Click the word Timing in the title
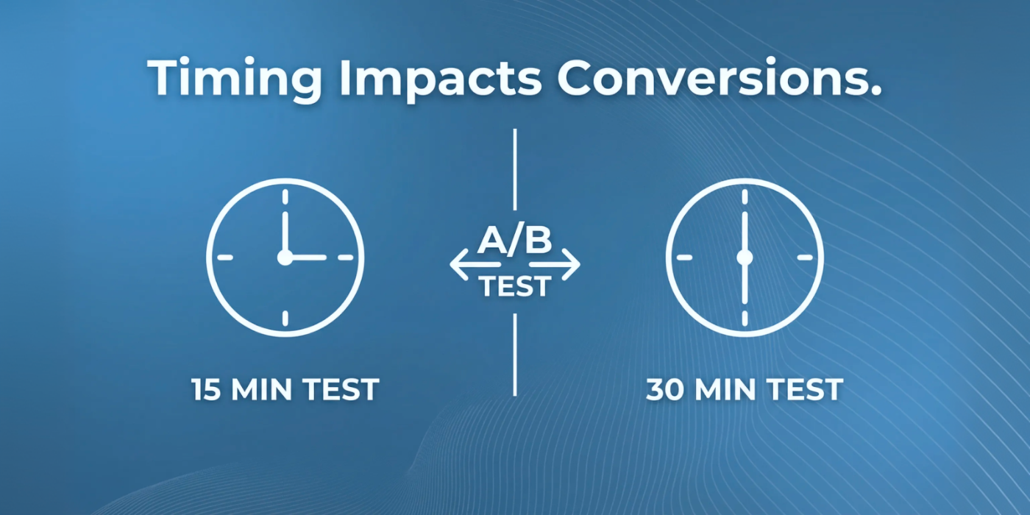pyautogui.click(x=235, y=77)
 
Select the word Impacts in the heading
pyautogui.click(x=440, y=78)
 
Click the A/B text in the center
pyautogui.click(x=514, y=240)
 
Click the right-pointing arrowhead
pyautogui.click(x=572, y=264)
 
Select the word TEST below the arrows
pyautogui.click(x=514, y=286)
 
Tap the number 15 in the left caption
pyautogui.click(x=207, y=389)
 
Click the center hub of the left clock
pyautogui.click(x=285, y=257)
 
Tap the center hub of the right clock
pyautogui.click(x=745, y=257)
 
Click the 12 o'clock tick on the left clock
pyautogui.click(x=285, y=197)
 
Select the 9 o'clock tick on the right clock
pyautogui.click(x=684, y=257)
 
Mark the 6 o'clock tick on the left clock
pyautogui.click(x=285, y=318)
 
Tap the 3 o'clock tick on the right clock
pyautogui.click(x=805, y=257)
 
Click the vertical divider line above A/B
pyautogui.click(x=514, y=170)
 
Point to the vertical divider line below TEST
pyautogui.click(x=514, y=355)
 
